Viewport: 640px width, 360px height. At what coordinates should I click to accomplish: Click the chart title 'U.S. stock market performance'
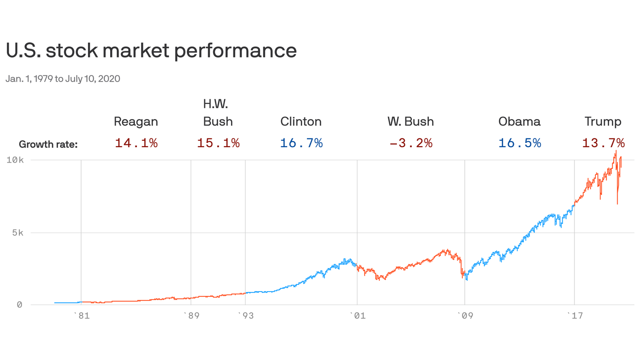click(151, 51)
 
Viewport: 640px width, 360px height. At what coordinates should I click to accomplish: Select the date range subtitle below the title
click(63, 79)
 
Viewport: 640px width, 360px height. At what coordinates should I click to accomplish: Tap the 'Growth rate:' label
click(48, 144)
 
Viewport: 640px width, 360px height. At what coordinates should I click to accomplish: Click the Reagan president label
click(136, 122)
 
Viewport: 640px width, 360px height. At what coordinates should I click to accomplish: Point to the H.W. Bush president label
click(218, 113)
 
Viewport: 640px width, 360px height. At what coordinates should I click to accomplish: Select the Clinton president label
click(301, 122)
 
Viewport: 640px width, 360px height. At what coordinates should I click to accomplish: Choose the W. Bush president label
click(410, 122)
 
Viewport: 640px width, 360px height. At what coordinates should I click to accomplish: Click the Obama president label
click(519, 122)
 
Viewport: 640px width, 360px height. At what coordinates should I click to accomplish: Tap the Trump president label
click(603, 122)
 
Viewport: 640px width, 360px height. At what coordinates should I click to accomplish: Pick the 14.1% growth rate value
click(136, 143)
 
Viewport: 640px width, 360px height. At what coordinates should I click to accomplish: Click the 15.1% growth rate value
click(218, 143)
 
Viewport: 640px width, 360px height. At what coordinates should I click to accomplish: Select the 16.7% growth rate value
click(301, 143)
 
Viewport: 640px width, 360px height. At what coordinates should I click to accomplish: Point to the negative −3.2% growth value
click(410, 143)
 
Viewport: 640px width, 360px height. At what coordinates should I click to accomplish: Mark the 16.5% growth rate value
click(520, 143)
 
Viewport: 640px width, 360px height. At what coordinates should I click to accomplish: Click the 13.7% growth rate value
click(603, 143)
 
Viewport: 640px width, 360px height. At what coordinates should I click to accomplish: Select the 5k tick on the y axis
click(17, 232)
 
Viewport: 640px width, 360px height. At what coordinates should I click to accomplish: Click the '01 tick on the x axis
click(357, 315)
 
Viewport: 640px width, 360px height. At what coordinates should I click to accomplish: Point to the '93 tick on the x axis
click(245, 315)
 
